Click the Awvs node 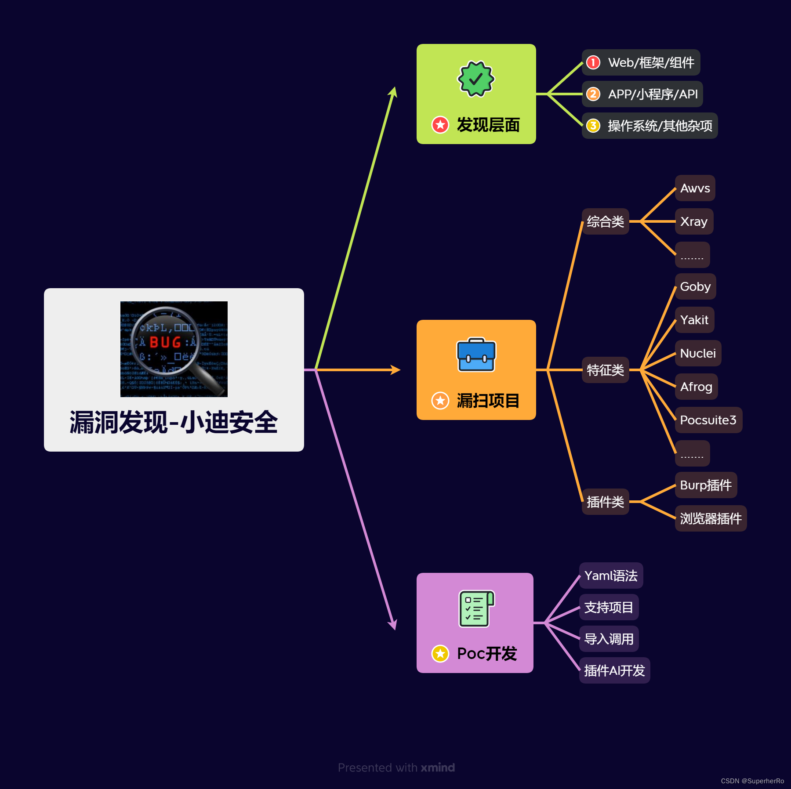coord(695,188)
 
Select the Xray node coord(694,222)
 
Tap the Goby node coord(695,287)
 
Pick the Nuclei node coord(698,354)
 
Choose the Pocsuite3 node coord(708,420)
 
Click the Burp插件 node coord(706,485)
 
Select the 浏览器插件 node coord(711,519)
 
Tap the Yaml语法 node coord(611,576)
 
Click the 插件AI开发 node coord(614,671)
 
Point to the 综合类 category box coord(605,222)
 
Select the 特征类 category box coord(605,370)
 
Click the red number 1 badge coord(593,62)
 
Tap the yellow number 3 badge coord(593,126)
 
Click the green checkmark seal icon coord(476,79)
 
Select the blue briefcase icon coord(476,355)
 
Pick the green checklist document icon coord(476,608)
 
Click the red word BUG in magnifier coord(165,342)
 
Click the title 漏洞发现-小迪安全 coord(174,423)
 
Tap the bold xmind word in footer coord(438,767)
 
